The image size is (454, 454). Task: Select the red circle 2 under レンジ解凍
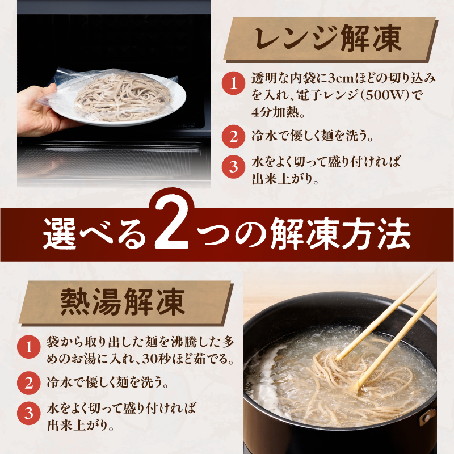pos(233,136)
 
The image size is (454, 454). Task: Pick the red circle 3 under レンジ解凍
pos(233,167)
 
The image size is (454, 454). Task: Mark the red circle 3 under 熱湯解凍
pos(26,413)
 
